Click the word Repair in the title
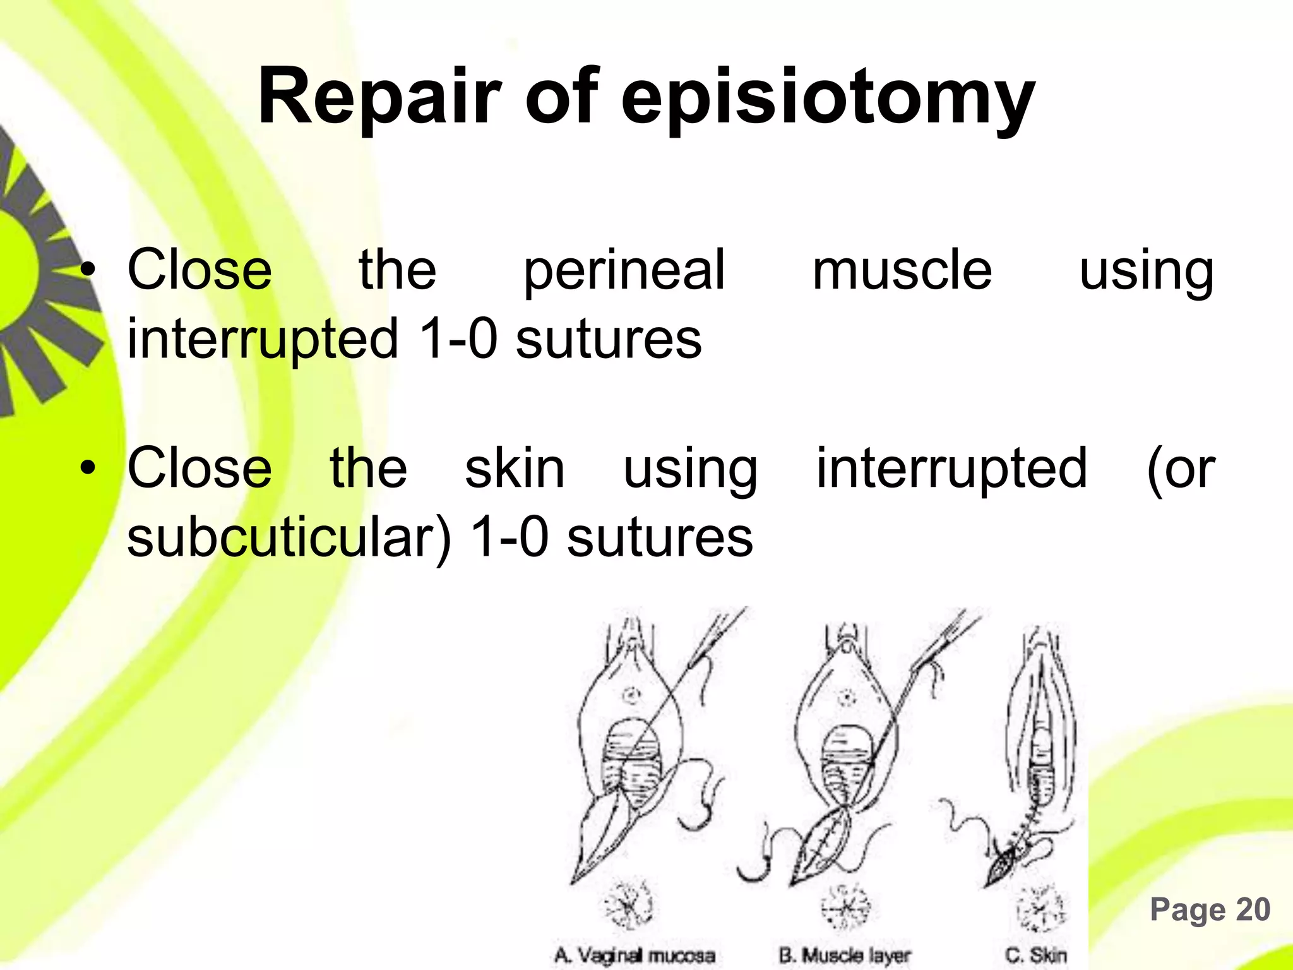point(379,98)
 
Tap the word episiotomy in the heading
point(828,101)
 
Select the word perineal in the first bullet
point(624,272)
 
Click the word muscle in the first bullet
point(902,270)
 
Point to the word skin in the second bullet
point(515,469)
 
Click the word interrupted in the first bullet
point(263,340)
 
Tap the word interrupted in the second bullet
point(951,469)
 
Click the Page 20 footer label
point(1210,910)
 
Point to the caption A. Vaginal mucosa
point(635,955)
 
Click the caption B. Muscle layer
point(845,955)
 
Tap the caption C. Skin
point(1035,955)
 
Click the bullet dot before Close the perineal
point(88,271)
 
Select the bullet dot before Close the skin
point(88,469)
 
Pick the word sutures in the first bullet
point(609,340)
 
